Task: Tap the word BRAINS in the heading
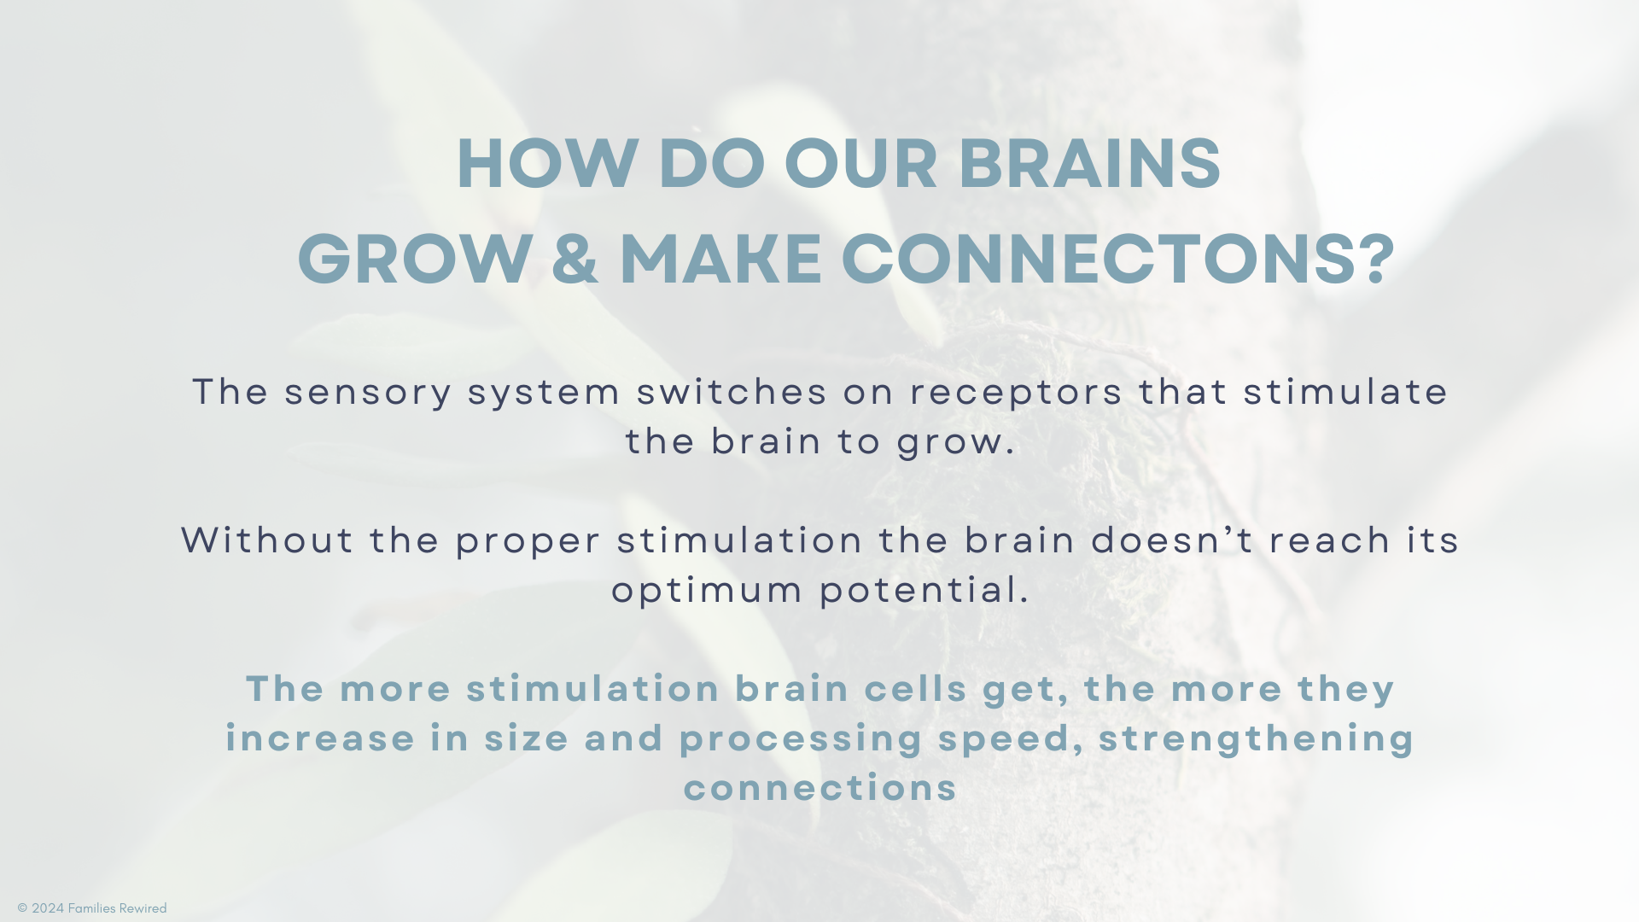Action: point(1089,163)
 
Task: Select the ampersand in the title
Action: point(575,259)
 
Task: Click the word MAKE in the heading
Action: point(720,259)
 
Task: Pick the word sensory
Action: point(368,393)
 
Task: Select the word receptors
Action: point(1017,394)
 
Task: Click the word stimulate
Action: point(1345,392)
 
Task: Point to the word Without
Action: point(267,540)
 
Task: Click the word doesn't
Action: point(1172,540)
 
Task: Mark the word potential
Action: point(924,591)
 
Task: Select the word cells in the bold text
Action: point(915,689)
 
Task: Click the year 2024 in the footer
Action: point(48,908)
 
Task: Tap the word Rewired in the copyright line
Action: point(142,908)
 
